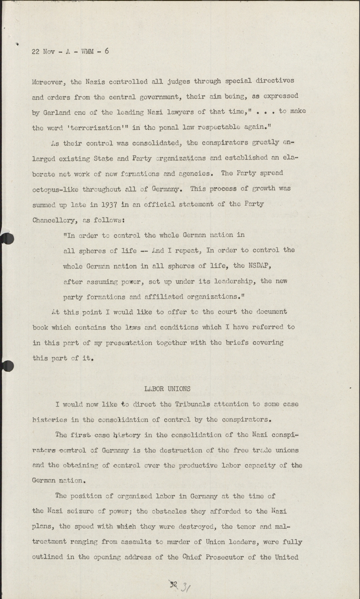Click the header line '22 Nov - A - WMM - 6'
70,52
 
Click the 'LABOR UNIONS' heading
167,389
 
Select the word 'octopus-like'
56,189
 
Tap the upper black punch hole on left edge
8,239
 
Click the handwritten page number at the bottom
179,586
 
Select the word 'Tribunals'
196,404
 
